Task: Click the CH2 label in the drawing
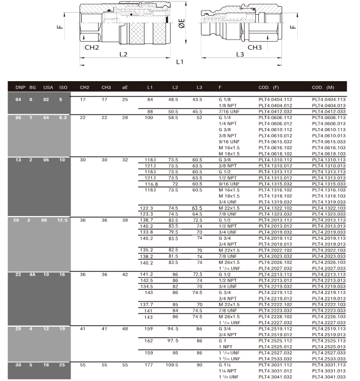[x=92, y=47]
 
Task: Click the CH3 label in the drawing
[x=255, y=47]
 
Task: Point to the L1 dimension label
[x=180, y=62]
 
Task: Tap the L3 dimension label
[x=239, y=54]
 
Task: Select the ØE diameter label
[x=181, y=24]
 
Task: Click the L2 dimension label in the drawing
[x=123, y=54]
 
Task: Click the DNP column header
[x=21, y=87]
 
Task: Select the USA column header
[x=48, y=87]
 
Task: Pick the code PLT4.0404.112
[x=275, y=99]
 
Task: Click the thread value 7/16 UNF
[x=229, y=112]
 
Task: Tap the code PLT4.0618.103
[x=328, y=153]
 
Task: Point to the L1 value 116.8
[x=150, y=184]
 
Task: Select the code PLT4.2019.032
[x=275, y=232]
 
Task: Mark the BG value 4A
[x=33, y=274]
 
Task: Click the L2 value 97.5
[x=173, y=340]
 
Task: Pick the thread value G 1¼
[x=225, y=365]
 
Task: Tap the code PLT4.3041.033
[x=328, y=377]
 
